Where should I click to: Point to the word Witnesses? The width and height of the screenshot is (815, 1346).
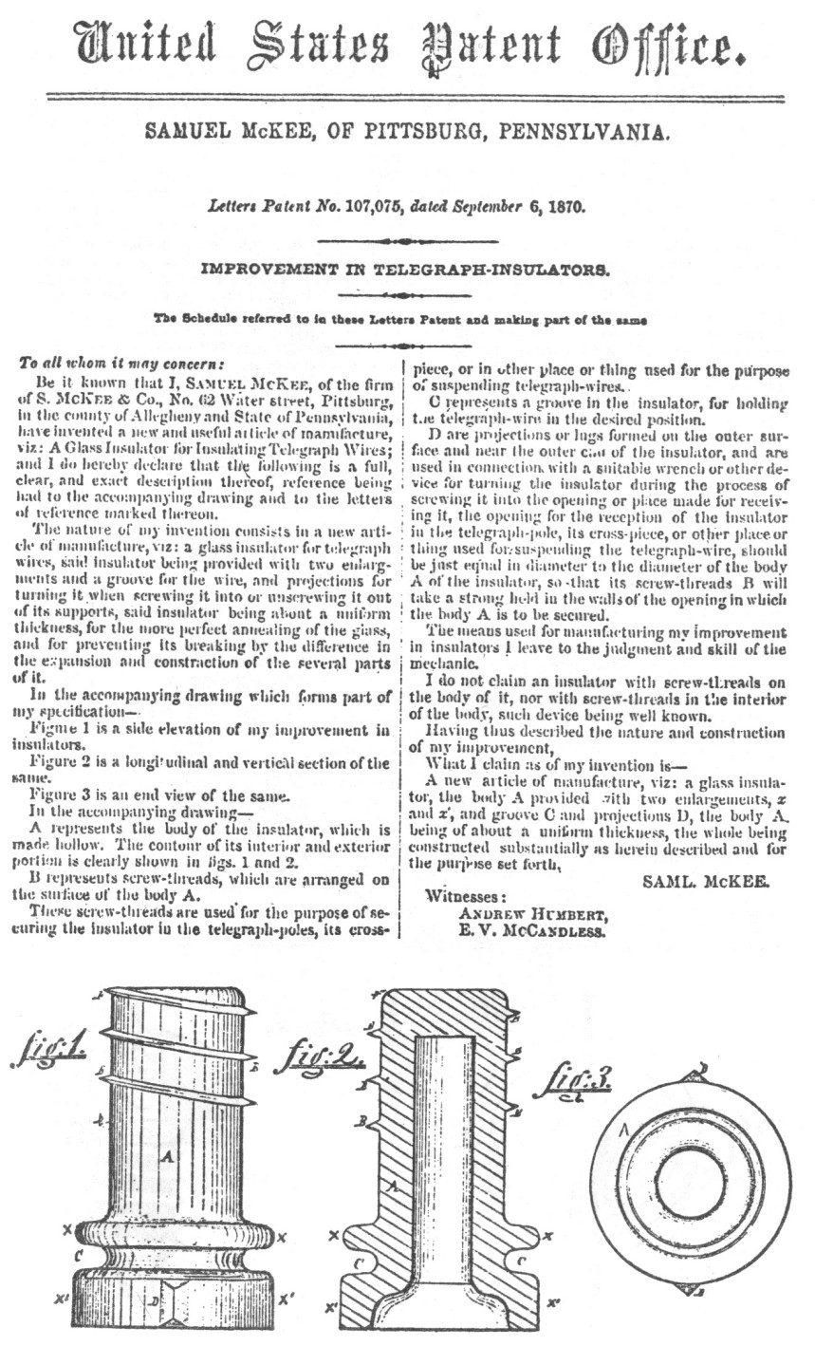(466, 896)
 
